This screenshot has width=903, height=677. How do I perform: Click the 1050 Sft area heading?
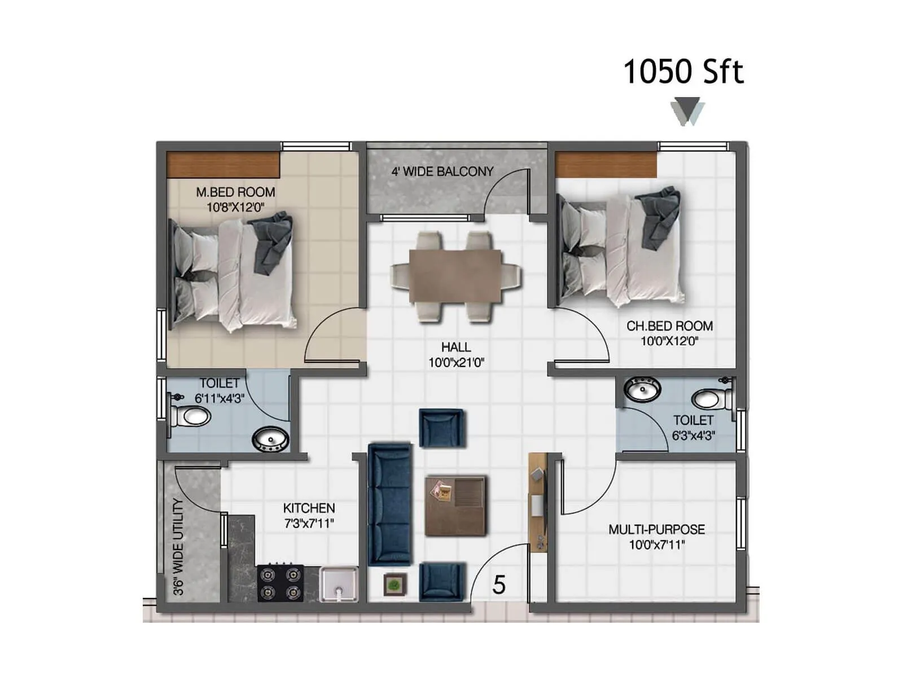[683, 72]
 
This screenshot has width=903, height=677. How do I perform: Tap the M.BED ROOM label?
[235, 192]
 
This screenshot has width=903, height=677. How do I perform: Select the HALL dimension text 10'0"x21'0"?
[456, 363]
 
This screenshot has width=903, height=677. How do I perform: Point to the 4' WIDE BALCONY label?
[442, 172]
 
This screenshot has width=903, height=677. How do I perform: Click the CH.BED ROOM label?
[669, 326]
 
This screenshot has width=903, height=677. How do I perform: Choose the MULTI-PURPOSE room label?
[656, 530]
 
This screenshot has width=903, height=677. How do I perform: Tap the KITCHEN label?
[309, 508]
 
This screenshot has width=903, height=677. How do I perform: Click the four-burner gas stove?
[280, 583]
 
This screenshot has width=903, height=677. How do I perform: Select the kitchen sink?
[339, 584]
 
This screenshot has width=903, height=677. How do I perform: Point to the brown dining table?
[455, 277]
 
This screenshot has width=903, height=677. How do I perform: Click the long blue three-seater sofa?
[390, 505]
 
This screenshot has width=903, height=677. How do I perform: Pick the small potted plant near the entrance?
[395, 584]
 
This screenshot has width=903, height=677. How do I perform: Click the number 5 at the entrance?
[498, 585]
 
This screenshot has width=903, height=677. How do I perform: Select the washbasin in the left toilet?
[270, 439]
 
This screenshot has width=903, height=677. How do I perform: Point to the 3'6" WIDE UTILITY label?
[178, 547]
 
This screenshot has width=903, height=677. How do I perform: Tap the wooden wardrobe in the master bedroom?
[223, 165]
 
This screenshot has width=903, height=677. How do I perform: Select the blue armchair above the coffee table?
[442, 428]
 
